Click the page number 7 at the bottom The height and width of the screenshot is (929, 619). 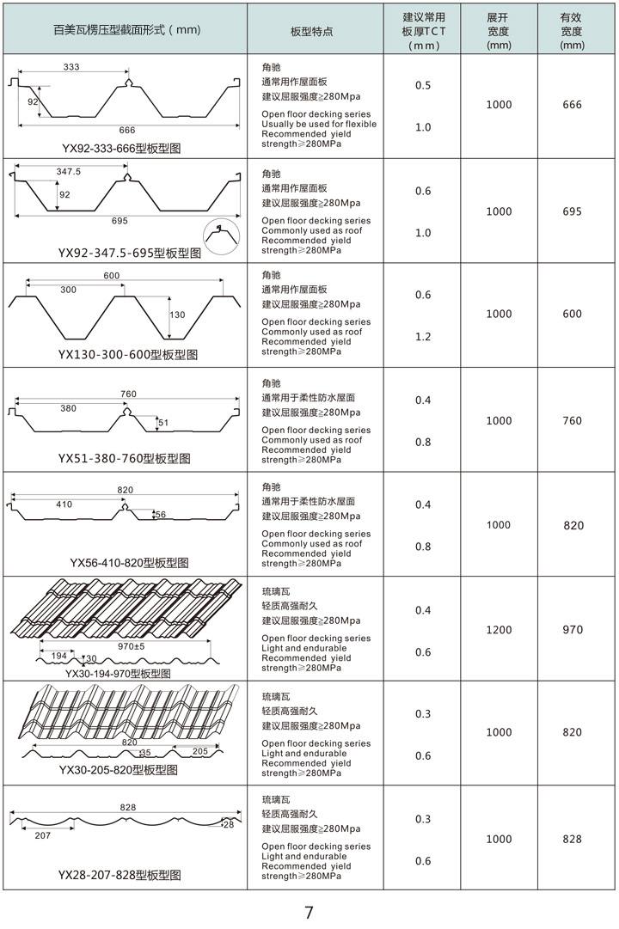(x=309, y=913)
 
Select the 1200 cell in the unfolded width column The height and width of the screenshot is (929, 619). (x=499, y=630)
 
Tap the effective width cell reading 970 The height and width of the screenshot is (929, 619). (x=573, y=630)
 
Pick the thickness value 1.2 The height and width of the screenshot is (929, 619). (x=423, y=337)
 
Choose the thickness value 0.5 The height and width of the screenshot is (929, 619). (x=423, y=86)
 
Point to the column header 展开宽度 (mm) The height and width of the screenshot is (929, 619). (x=499, y=31)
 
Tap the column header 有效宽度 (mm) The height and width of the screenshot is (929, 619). (x=573, y=31)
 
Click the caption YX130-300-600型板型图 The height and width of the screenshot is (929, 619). (x=127, y=355)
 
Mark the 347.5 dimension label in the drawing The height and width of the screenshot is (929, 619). (x=68, y=173)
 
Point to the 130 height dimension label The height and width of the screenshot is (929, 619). (x=177, y=315)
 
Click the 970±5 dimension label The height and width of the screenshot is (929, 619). (x=132, y=645)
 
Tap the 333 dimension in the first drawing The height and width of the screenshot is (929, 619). (x=71, y=67)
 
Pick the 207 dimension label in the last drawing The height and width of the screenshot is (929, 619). (x=42, y=834)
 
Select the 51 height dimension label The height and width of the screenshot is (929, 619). (x=162, y=422)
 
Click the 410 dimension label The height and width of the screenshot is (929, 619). (x=64, y=504)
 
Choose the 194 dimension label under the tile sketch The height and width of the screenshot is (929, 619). (x=58, y=657)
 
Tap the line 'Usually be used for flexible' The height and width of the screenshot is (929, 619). (x=319, y=125)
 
